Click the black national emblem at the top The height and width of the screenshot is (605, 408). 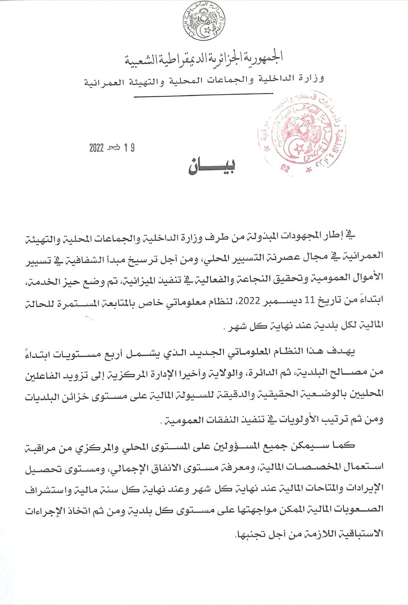tap(203, 22)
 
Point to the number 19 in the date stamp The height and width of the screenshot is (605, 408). tap(128, 148)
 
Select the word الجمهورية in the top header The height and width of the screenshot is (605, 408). tap(263, 58)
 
